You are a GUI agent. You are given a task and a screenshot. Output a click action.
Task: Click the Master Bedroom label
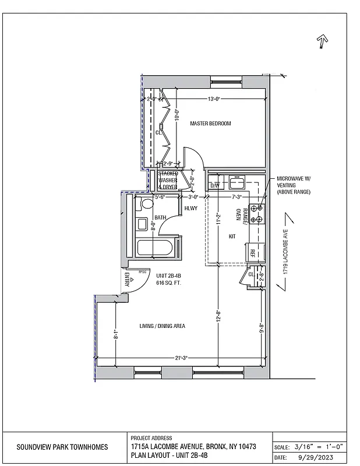pyautogui.click(x=210, y=123)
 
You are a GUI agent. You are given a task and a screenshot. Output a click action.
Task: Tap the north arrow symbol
pyautogui.click(x=322, y=41)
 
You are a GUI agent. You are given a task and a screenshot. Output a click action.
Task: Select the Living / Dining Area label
pyautogui.click(x=163, y=326)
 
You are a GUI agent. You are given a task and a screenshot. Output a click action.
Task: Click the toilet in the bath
pyautogui.click(x=146, y=204)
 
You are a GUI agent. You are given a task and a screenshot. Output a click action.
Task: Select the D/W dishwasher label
pyautogui.click(x=214, y=185)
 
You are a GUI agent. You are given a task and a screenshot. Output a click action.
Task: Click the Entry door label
pyautogui.click(x=126, y=280)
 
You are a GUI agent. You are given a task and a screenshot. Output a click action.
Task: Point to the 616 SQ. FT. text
pyautogui.click(x=169, y=283)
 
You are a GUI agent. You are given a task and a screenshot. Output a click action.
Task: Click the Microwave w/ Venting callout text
pyautogui.click(x=294, y=185)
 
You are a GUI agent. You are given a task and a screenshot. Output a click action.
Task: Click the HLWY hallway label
pyautogui.click(x=191, y=209)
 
